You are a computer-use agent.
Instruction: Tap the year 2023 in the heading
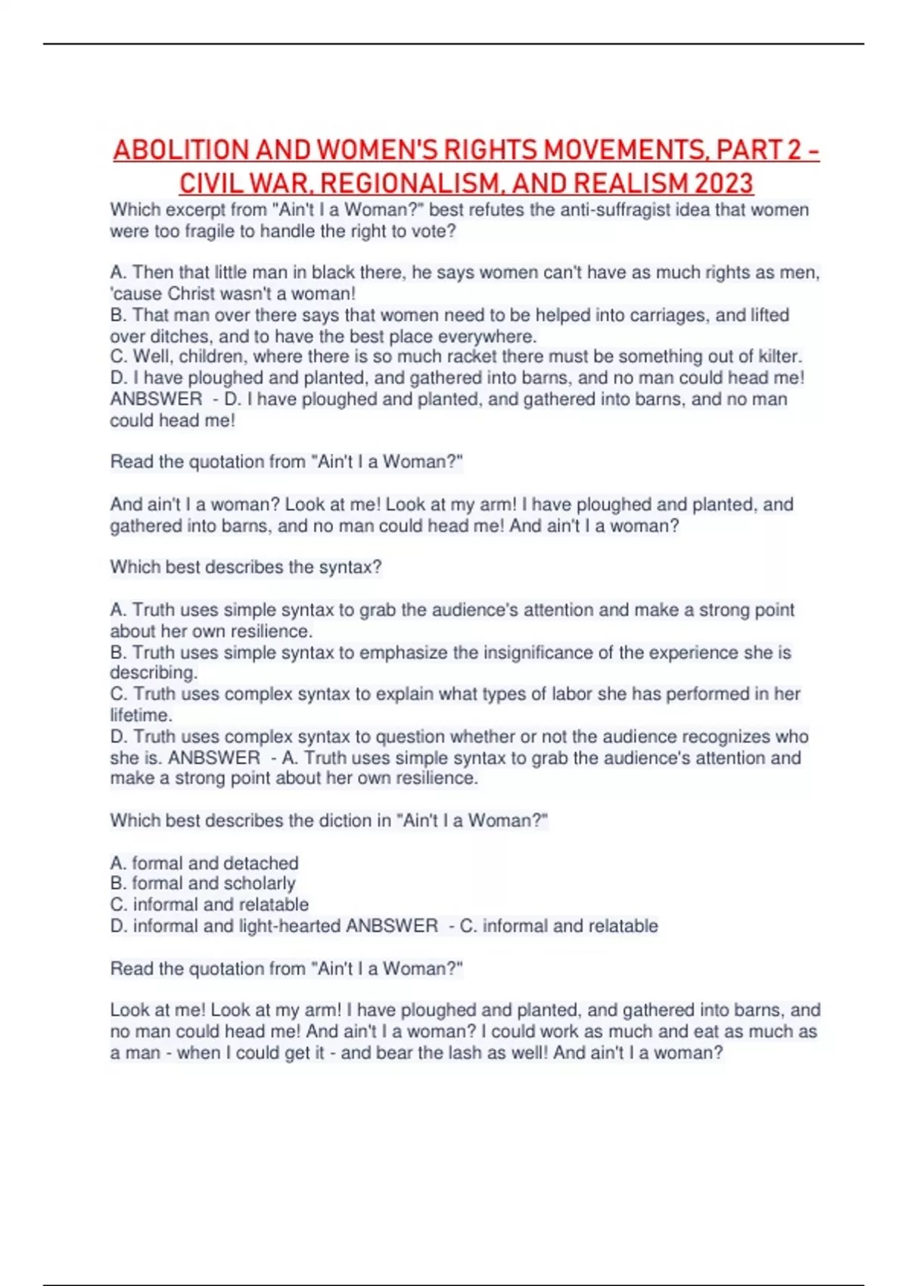pyautogui.click(x=723, y=183)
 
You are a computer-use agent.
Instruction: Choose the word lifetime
pyautogui.click(x=140, y=715)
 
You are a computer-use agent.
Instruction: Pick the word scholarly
pyautogui.click(x=257, y=883)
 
